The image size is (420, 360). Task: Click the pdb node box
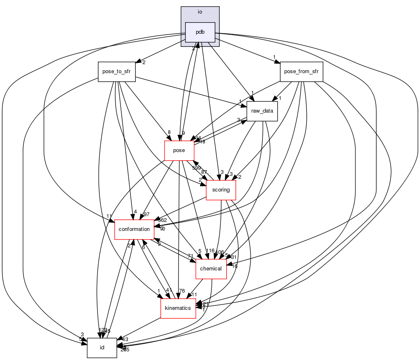click(x=200, y=32)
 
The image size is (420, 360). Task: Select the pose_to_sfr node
click(x=117, y=72)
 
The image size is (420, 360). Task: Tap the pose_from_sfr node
click(x=301, y=72)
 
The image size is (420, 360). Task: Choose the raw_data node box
click(x=262, y=111)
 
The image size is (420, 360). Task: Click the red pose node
click(x=179, y=150)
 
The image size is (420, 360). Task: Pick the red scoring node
click(x=220, y=190)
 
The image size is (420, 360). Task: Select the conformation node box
click(x=134, y=229)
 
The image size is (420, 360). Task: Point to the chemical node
click(x=211, y=269)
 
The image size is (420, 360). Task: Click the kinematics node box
click(x=178, y=308)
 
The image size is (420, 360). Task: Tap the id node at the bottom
click(x=102, y=348)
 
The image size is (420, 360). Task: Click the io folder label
click(x=200, y=12)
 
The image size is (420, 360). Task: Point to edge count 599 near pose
click(x=196, y=168)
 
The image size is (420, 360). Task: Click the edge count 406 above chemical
click(x=219, y=252)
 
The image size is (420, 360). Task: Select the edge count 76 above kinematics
click(x=182, y=291)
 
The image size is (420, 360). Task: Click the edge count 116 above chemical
click(x=210, y=251)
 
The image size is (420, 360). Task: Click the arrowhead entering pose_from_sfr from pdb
click(x=278, y=62)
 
